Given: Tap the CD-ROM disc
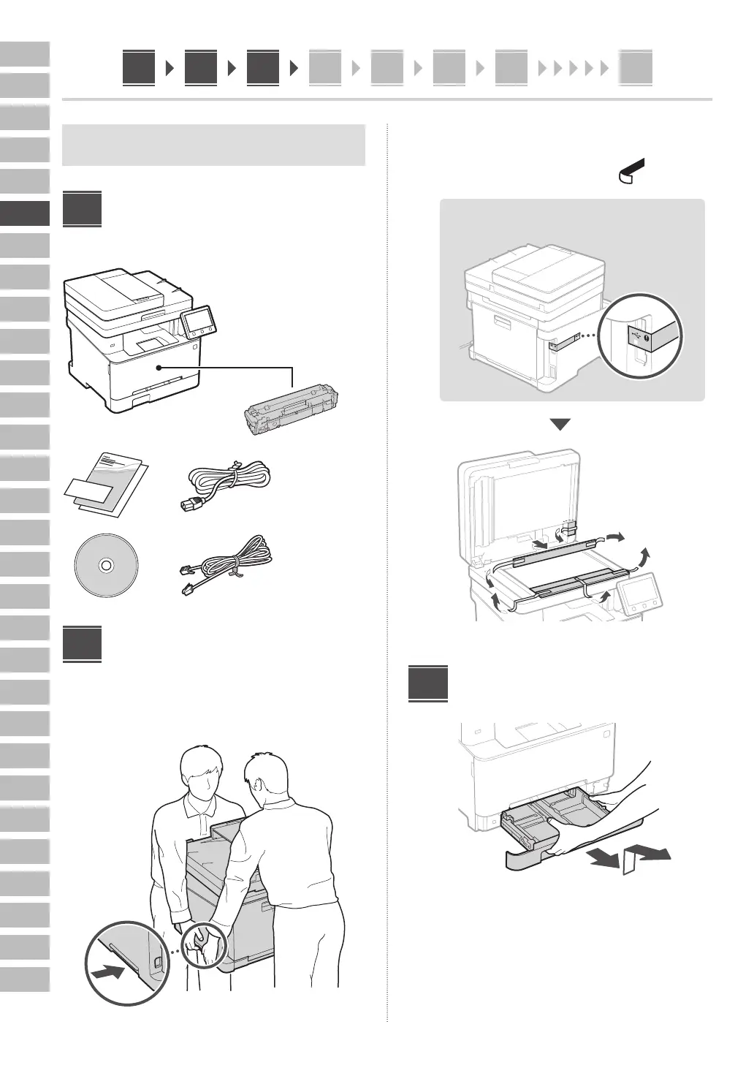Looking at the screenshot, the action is [x=106, y=566].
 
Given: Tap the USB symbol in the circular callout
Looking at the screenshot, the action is [x=639, y=336].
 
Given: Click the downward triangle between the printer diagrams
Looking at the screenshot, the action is [x=560, y=425].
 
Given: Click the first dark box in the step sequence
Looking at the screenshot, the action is [x=139, y=68].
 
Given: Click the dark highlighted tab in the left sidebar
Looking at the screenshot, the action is [x=25, y=213].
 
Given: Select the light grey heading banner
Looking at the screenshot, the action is [x=213, y=145].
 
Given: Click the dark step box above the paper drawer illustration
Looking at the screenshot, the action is [x=427, y=683].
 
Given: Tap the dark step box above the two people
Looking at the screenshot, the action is [x=82, y=643].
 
